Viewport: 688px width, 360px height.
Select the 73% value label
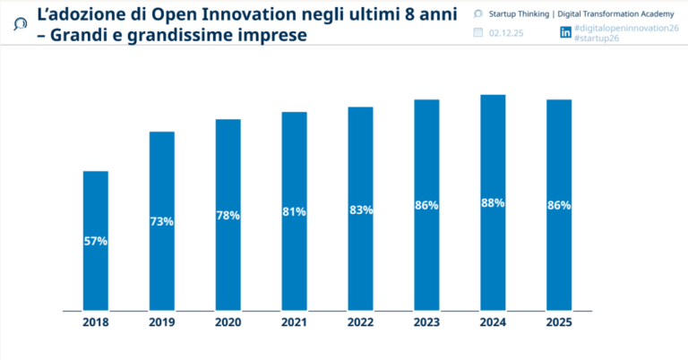point(161,221)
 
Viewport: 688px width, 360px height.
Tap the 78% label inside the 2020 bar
point(228,216)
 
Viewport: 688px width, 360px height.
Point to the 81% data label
point(294,212)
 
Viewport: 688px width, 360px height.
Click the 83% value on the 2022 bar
point(360,210)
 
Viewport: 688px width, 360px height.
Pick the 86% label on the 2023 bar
point(426,206)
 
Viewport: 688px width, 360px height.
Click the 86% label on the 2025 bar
point(559,206)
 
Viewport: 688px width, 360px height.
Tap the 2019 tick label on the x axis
point(161,323)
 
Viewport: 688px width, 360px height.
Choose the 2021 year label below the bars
point(294,323)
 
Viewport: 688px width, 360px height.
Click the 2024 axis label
point(493,323)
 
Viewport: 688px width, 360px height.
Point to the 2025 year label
point(559,323)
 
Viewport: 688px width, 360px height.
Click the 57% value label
point(95,242)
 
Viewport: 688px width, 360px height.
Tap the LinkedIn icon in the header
point(565,32)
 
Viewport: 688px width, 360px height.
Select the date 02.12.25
point(506,33)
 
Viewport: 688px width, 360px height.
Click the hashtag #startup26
point(598,39)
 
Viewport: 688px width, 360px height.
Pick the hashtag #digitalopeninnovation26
point(626,29)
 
